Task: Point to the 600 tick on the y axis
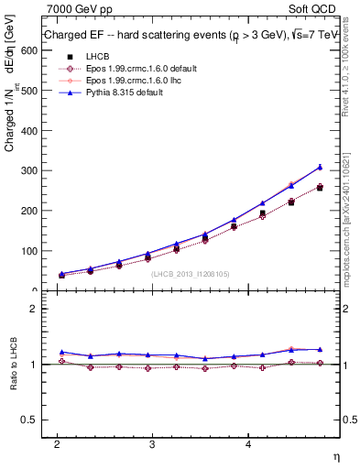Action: (x=27, y=50)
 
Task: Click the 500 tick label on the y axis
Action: (x=27, y=91)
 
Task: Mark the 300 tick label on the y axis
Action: (x=27, y=170)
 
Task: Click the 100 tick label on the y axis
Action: (x=27, y=251)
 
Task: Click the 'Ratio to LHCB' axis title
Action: (x=12, y=366)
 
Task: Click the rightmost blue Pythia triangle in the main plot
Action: (x=320, y=167)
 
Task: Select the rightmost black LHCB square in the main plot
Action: (x=320, y=188)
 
